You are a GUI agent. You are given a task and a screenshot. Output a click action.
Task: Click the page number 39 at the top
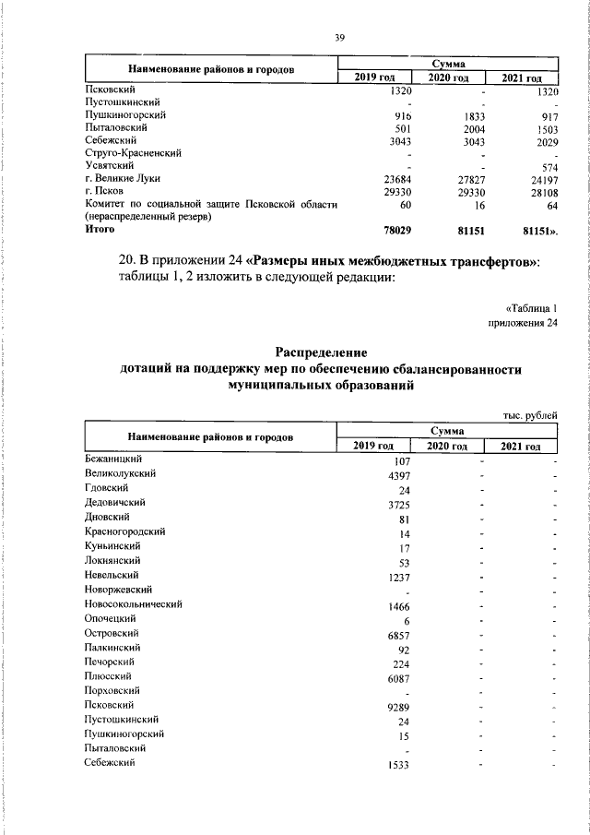tap(339, 37)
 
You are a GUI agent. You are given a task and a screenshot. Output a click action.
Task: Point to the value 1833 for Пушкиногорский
tap(471, 116)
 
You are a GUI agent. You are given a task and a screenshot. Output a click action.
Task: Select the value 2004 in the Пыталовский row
tap(471, 129)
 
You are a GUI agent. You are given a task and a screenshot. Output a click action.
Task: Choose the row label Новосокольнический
tap(132, 603)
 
